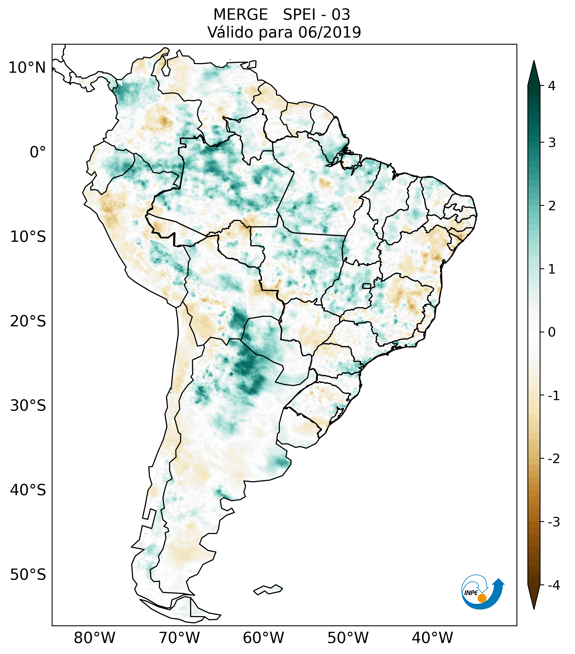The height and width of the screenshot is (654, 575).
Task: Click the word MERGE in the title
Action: click(240, 15)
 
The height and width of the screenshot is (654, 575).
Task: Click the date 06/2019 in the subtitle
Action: click(329, 32)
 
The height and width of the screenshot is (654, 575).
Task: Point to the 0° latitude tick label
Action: click(38, 152)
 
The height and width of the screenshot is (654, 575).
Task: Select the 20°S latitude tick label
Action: click(28, 321)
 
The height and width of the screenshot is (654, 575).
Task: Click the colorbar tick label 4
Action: click(552, 86)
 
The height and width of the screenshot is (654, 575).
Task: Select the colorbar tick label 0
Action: click(552, 332)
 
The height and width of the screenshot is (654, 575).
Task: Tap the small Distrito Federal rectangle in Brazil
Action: click(367, 286)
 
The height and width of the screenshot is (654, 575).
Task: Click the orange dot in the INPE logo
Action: click(482, 598)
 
